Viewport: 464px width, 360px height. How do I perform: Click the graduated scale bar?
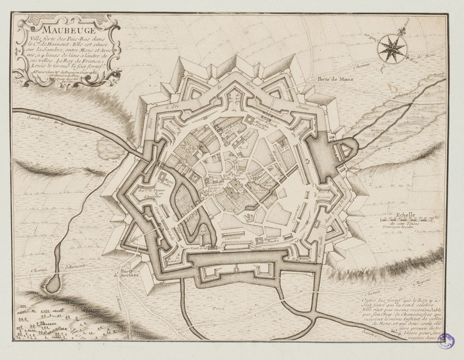click(410, 219)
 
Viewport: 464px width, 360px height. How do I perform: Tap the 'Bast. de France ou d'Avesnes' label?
click(153, 193)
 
